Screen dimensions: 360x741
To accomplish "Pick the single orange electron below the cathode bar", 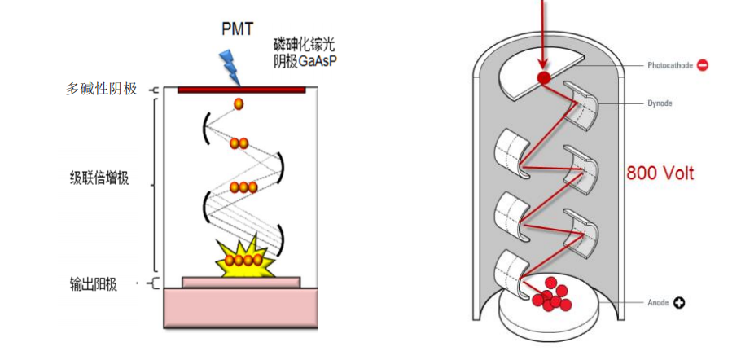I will coord(239,104).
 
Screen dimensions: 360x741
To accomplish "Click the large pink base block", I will coord(241,309).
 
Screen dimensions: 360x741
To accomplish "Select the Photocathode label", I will coord(669,65).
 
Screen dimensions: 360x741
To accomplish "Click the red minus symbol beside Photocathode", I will coord(702,65).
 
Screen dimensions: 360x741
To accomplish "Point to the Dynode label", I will coord(660,103).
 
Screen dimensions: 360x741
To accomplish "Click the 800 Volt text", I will coord(660,173).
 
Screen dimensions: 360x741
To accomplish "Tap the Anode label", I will coord(658,303).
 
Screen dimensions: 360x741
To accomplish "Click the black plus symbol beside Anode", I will coord(679,303).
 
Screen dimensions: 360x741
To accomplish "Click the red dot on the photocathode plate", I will coord(542,78).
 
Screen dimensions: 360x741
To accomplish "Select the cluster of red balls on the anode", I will coord(550,296).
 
